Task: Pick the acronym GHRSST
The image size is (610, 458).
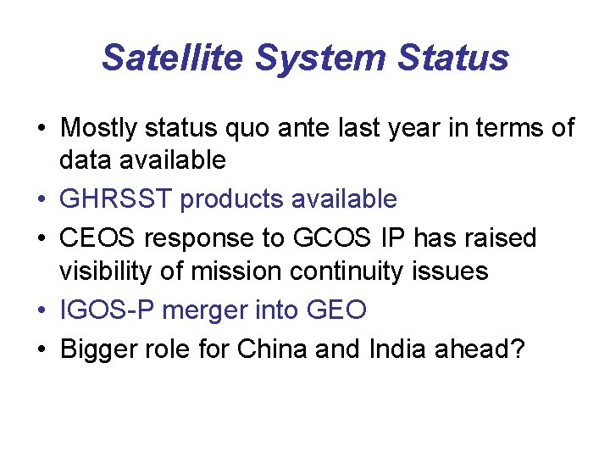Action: pos(116,199)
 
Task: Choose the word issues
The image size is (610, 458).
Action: pos(457,271)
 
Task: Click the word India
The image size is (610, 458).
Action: pos(396,349)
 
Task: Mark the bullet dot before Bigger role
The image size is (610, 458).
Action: pos(41,349)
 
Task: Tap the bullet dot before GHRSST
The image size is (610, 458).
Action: pos(41,200)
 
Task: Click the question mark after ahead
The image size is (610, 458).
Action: pos(518,349)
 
